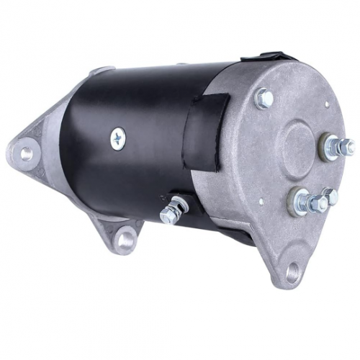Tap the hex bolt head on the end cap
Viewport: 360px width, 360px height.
pos(264,98)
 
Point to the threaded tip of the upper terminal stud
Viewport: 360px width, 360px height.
pos(349,146)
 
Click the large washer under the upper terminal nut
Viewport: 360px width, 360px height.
pos(328,149)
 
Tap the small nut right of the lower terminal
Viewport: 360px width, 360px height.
pos(330,196)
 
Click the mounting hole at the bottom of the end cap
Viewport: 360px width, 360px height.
pos(292,272)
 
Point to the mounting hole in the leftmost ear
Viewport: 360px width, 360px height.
pos(27,153)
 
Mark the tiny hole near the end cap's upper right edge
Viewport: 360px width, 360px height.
pos(326,104)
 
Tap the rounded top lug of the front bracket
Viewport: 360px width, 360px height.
pos(101,71)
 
